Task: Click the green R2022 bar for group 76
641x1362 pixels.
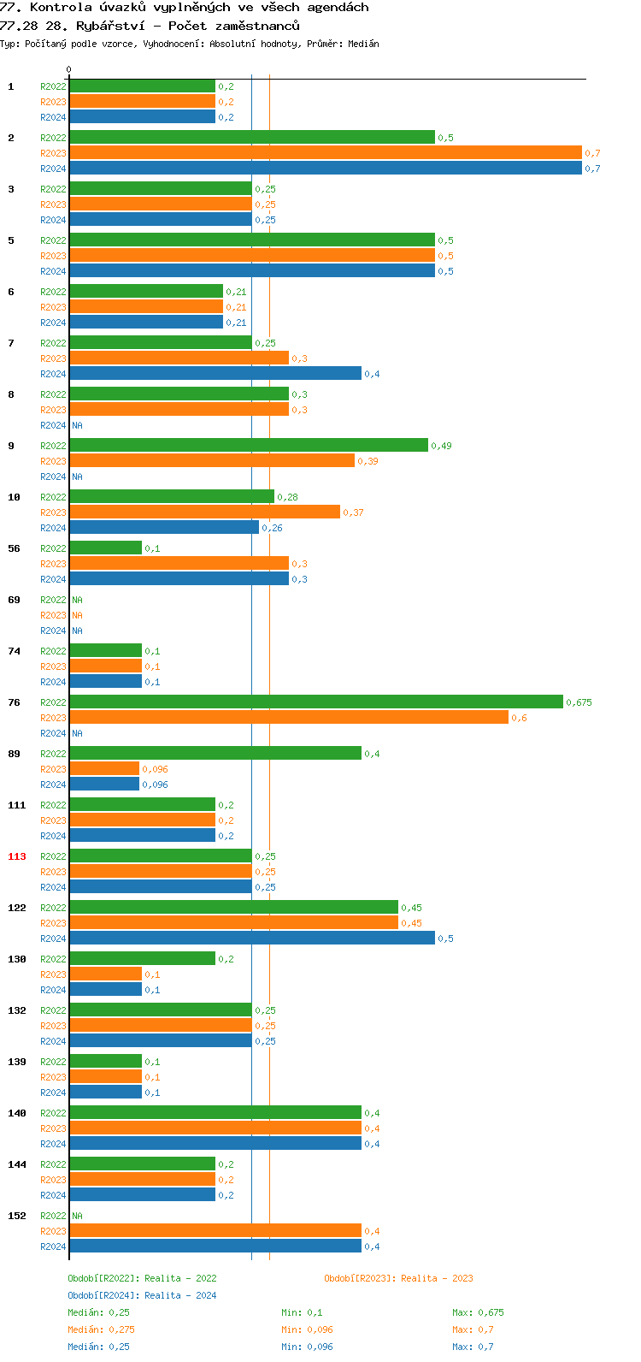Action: click(316, 702)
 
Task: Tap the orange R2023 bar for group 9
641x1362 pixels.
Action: click(212, 461)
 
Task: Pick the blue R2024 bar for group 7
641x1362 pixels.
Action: click(215, 374)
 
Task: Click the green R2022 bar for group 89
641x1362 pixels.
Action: click(215, 753)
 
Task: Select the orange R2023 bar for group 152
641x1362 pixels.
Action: click(215, 1230)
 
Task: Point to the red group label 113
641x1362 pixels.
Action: click(17, 856)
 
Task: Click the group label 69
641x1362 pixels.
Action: click(15, 600)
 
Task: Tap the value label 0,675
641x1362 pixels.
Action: click(579, 702)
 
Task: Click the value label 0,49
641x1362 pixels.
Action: click(441, 446)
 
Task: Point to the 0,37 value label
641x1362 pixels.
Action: click(353, 512)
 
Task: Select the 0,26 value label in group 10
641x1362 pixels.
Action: click(272, 528)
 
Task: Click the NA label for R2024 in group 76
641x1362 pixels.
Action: click(77, 733)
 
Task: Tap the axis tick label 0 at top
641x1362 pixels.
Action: click(69, 69)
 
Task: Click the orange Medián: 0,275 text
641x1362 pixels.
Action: click(101, 1329)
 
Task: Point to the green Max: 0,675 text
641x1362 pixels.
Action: click(473, 1312)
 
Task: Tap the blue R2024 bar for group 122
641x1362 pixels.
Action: click(252, 939)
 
